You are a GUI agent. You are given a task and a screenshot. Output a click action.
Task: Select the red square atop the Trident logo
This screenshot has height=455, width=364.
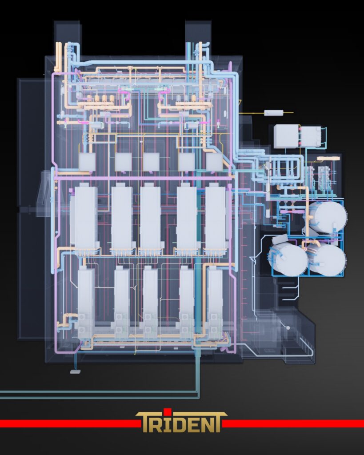click(x=166, y=411)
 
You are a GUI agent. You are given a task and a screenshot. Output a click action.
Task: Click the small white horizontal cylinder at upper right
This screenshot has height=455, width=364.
click(x=274, y=112)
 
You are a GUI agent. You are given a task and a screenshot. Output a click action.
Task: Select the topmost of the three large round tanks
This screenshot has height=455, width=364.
click(x=328, y=216)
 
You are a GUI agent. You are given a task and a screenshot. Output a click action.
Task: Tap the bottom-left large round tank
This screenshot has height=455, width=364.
click(x=288, y=260)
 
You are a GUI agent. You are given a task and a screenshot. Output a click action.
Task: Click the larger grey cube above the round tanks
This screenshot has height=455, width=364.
click(x=286, y=136)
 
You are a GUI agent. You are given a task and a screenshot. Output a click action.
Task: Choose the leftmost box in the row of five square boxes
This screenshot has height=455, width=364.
click(x=87, y=162)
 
